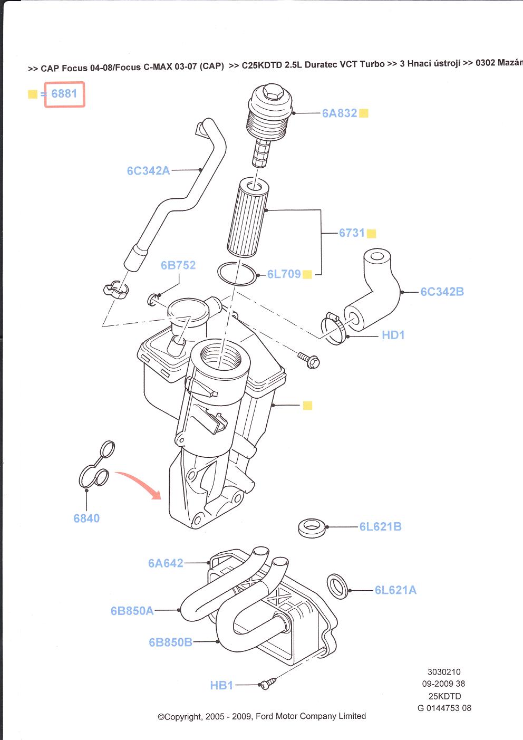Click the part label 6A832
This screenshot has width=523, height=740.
[x=340, y=113]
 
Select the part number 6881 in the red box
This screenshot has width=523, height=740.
[x=64, y=94]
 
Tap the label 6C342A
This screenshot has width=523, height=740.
[x=148, y=170]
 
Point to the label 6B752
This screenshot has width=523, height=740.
[x=178, y=265]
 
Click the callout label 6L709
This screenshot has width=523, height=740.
[x=284, y=274]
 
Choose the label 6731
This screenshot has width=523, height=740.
[x=352, y=233]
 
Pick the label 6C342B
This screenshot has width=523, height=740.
[x=442, y=292]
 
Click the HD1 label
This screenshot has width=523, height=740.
[x=393, y=335]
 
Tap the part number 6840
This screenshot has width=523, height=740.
[x=86, y=518]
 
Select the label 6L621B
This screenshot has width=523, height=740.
[x=380, y=526]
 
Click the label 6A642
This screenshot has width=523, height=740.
[x=166, y=563]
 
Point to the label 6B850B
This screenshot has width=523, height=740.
[x=170, y=642]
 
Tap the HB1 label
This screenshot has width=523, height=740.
[x=221, y=685]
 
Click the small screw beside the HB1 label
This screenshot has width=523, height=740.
[x=266, y=684]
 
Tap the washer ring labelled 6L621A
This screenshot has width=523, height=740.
[x=337, y=585]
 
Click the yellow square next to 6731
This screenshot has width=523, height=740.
[x=372, y=233]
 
